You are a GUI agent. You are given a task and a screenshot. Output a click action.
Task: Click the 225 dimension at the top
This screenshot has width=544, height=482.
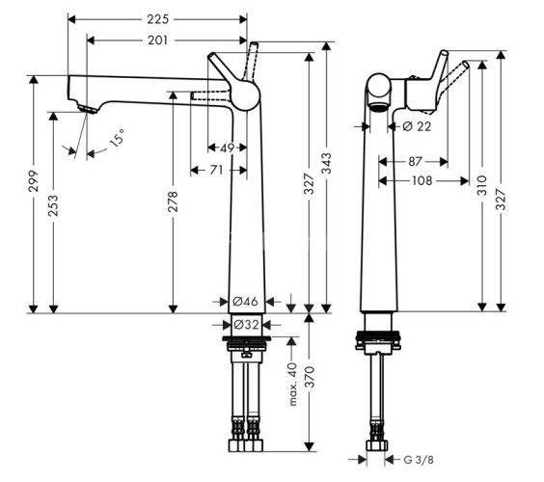[x=157, y=19]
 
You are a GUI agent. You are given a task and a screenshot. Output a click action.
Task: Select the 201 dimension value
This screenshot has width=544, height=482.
[x=157, y=40]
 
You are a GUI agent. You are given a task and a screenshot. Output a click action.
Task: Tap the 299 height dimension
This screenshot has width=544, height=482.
[x=34, y=181]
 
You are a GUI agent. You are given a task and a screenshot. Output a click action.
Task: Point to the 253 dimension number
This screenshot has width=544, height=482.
[x=53, y=205]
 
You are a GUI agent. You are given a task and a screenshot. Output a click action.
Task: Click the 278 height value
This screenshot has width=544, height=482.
[x=173, y=201]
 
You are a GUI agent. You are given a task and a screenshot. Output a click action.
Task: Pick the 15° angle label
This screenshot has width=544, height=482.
[x=117, y=138]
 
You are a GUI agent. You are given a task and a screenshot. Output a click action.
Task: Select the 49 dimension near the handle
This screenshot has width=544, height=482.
[x=228, y=148]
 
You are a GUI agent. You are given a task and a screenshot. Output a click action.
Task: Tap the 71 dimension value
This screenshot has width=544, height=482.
[x=216, y=170]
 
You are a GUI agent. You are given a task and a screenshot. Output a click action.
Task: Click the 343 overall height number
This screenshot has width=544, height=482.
[x=326, y=163]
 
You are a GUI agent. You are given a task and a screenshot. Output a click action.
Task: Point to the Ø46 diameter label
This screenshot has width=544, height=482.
[x=245, y=302]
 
